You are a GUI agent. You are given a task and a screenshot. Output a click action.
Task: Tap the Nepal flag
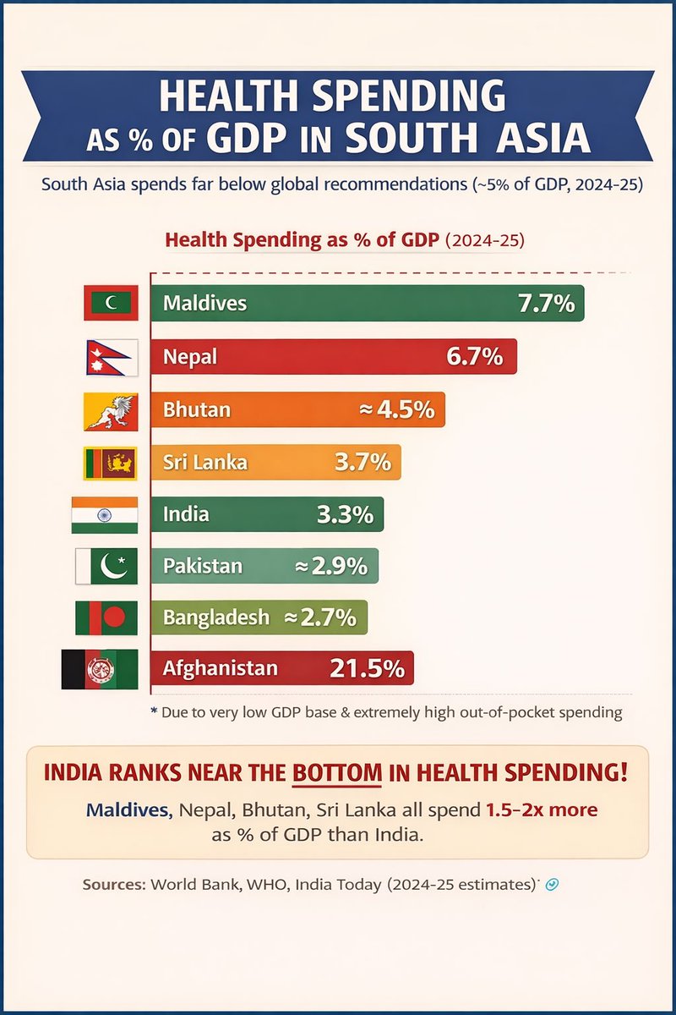coord(107,357)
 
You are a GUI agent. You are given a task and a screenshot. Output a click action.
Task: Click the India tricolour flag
coord(104,514)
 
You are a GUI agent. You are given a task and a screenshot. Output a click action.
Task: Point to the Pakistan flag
coord(106,566)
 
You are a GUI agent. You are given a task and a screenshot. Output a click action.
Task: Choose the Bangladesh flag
coord(106,617)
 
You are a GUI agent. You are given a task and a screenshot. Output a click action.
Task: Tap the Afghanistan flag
coord(100,669)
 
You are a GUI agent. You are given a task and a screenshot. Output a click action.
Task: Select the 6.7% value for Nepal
coord(474,357)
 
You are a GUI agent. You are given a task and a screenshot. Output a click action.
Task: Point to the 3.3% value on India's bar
coord(344,514)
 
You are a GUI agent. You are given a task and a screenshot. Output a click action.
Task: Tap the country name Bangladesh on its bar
coord(216,617)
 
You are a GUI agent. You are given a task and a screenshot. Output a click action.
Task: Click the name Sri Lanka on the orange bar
coord(205,463)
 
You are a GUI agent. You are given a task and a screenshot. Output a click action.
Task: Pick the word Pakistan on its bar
coord(203,566)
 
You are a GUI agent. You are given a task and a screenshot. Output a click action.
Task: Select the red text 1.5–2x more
coord(541,809)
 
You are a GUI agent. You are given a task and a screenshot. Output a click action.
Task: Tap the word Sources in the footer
coord(114,885)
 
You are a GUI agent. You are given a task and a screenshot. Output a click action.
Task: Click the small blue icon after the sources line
coord(551,885)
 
